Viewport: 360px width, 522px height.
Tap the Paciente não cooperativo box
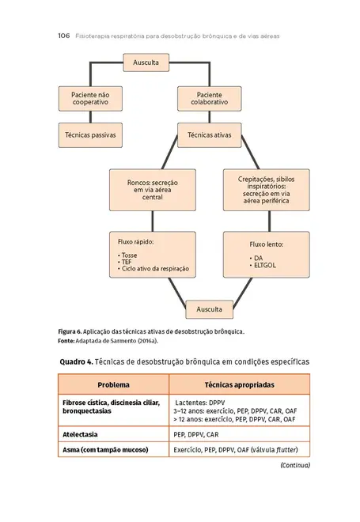pos(90,99)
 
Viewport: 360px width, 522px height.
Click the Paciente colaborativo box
pos(209,99)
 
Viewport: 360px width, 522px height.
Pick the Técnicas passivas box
pos(90,135)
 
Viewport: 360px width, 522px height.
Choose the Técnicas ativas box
pos(209,135)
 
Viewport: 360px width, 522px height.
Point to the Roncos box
pos(152,190)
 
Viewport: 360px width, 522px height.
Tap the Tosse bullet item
pos(128,256)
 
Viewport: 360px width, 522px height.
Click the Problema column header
pos(113,385)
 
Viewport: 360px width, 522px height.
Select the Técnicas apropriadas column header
pos(239,385)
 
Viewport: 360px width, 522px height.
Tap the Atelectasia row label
pos(84,435)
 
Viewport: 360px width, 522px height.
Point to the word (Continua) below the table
pos(295,465)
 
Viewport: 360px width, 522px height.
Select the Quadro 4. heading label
pos(77,361)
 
